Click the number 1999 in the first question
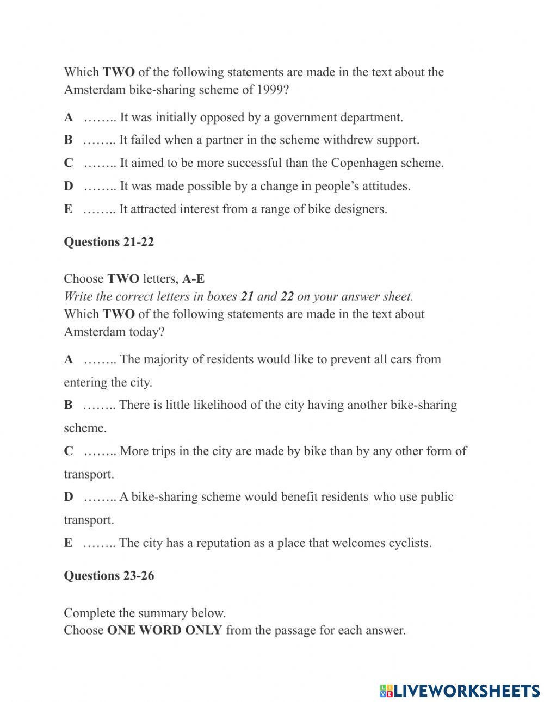[x=270, y=90]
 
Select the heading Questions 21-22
[x=109, y=242]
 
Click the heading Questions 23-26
[x=109, y=576]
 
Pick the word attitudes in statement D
[x=384, y=186]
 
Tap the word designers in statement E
[x=360, y=209]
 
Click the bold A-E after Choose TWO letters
[x=194, y=279]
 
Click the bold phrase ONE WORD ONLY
[x=164, y=631]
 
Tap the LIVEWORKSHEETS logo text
[x=467, y=691]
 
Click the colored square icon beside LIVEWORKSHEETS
[x=386, y=691]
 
